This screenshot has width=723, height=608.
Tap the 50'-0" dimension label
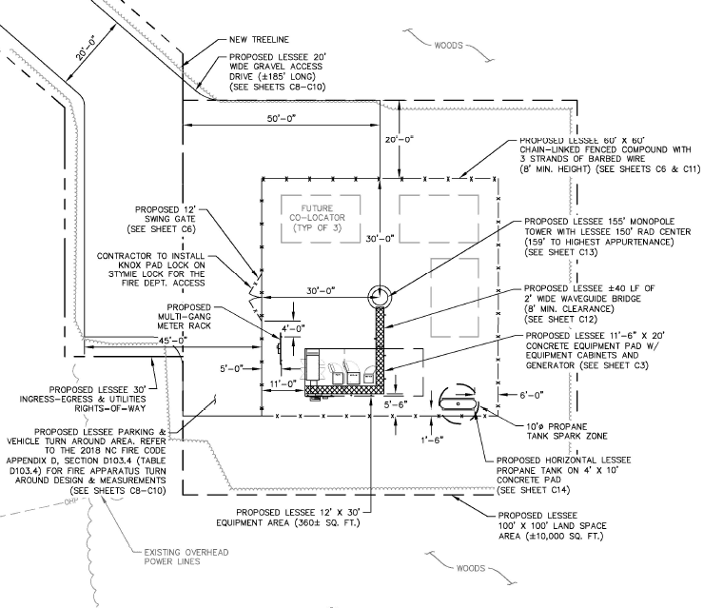[x=282, y=119]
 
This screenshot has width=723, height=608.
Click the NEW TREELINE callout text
[x=259, y=40]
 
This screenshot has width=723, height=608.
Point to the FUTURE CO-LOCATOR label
[x=317, y=218]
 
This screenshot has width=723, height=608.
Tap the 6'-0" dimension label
[x=532, y=395]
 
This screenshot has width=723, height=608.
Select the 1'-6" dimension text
[x=433, y=441]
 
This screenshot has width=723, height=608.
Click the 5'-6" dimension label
[x=396, y=404]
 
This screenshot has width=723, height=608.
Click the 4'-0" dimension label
[x=293, y=328]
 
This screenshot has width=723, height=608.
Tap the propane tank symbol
[x=458, y=404]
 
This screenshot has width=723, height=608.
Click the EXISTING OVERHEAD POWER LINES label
[x=186, y=557]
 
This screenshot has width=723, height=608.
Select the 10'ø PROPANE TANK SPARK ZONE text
[x=567, y=431]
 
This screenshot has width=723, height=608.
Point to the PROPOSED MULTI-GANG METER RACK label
[x=184, y=317]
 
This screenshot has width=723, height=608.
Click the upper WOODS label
[x=448, y=46]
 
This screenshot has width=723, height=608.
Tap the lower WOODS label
[x=470, y=568]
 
